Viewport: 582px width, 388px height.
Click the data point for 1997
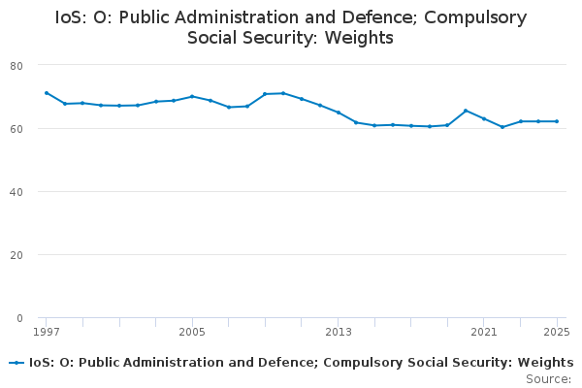tap(46, 93)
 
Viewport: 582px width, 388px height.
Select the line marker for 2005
tap(192, 97)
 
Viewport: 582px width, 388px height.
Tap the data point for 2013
tap(339, 113)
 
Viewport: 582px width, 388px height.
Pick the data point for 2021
tap(484, 118)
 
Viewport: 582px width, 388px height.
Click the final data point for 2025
tap(557, 121)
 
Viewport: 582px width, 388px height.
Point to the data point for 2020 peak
tap(466, 111)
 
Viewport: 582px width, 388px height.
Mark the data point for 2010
tap(283, 93)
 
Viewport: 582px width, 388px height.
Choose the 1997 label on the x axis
tap(46, 332)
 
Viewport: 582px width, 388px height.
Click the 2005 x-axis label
tap(192, 332)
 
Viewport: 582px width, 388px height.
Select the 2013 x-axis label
tap(339, 332)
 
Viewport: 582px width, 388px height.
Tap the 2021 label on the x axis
tap(484, 332)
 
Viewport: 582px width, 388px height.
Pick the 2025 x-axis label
tap(557, 332)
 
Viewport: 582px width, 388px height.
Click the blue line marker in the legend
tap(16, 363)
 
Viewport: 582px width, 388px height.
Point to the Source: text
tap(548, 378)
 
